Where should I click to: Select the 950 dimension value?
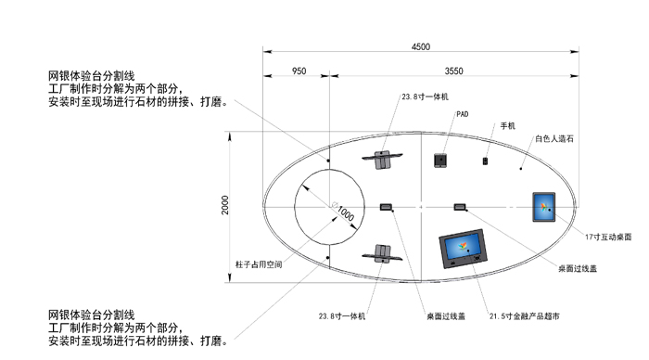[299, 71]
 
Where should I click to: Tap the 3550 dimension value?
[454, 71]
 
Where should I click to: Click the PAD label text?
[462, 115]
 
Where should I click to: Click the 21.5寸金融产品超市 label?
[524, 316]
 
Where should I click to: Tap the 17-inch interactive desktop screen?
[543, 206]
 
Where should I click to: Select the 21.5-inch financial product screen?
[463, 249]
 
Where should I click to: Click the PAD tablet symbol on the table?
[440, 161]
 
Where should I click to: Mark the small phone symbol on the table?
[485, 161]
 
